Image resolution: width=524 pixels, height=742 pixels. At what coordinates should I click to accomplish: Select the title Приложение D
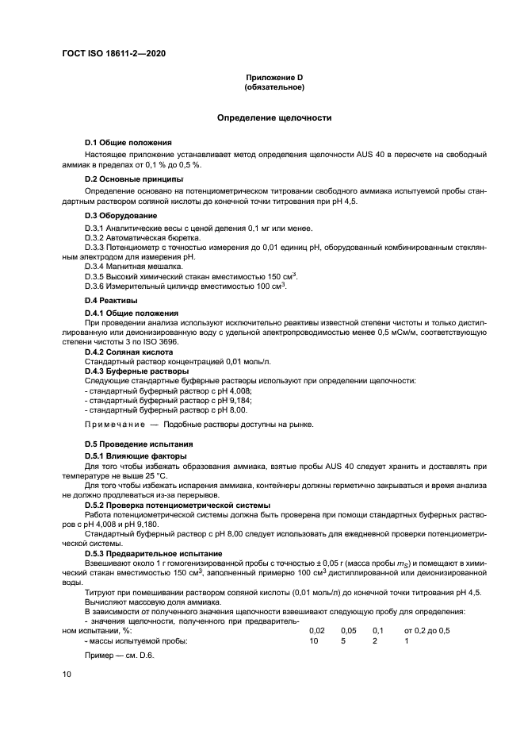(x=274, y=78)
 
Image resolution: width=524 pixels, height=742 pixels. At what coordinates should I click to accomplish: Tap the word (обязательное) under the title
(x=274, y=87)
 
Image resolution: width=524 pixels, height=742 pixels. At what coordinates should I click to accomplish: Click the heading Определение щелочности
(x=274, y=117)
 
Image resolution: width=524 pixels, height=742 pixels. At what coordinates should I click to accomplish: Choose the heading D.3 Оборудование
(x=121, y=216)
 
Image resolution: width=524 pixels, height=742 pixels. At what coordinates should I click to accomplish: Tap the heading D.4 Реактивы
(x=111, y=302)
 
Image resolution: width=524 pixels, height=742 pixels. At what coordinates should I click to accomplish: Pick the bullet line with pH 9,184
(x=166, y=401)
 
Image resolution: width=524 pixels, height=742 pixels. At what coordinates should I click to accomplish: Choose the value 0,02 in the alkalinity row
(x=316, y=630)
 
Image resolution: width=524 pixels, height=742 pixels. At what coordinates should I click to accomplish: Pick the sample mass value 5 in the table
(x=343, y=640)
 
